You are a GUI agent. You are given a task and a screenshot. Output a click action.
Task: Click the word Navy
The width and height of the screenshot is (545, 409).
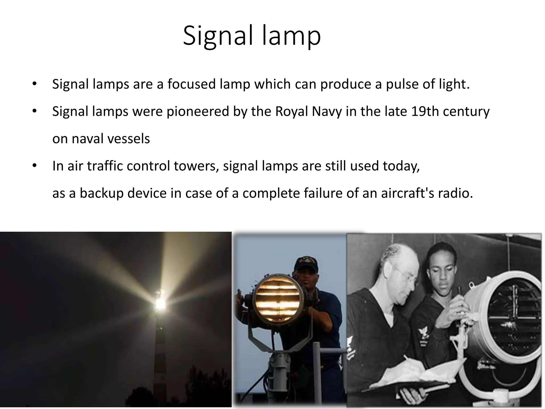[327, 111]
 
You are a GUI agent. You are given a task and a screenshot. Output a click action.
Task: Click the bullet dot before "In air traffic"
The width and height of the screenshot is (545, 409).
[34, 166]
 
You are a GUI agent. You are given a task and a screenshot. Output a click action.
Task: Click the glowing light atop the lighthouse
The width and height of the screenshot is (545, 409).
[160, 304]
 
